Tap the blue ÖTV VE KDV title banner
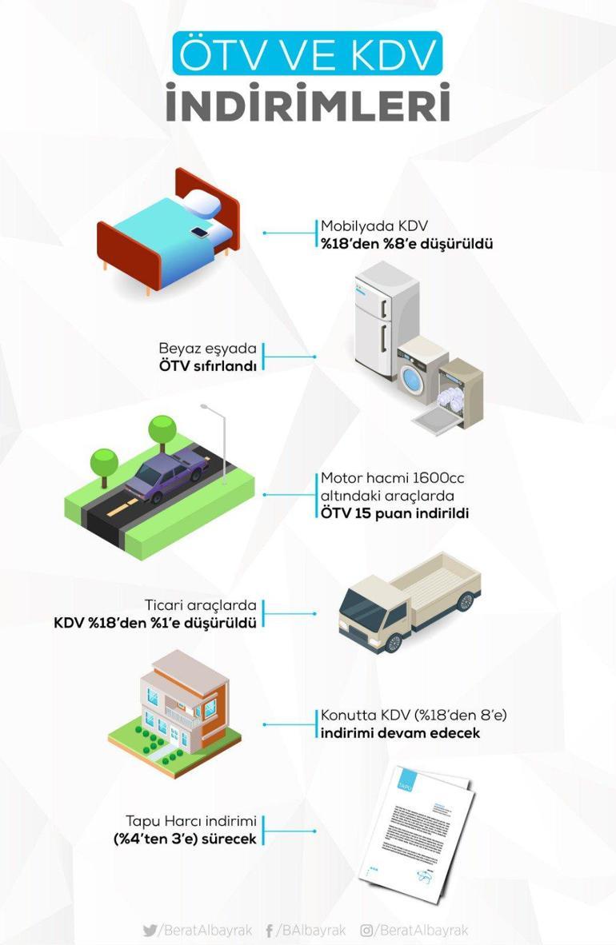coord(307,54)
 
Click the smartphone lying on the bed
coord(198,233)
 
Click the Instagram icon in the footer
coord(367,930)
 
